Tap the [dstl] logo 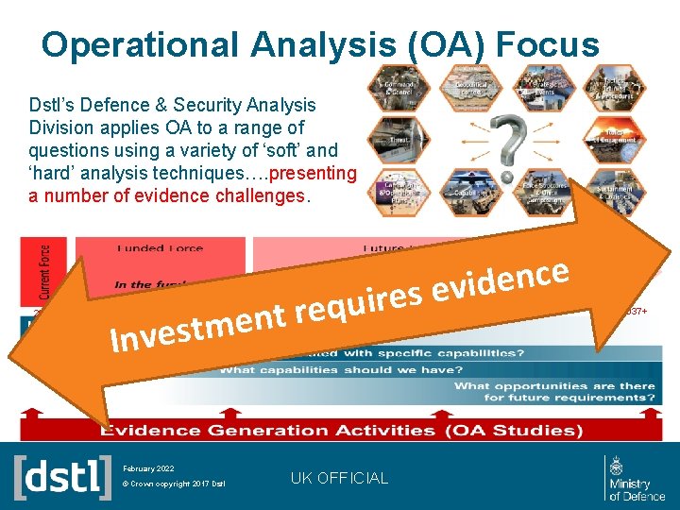tap(62, 477)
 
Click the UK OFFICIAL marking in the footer tap(339, 478)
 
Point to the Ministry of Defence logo tap(635, 477)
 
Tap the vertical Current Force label tap(45, 268)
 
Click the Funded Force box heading tap(160, 248)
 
